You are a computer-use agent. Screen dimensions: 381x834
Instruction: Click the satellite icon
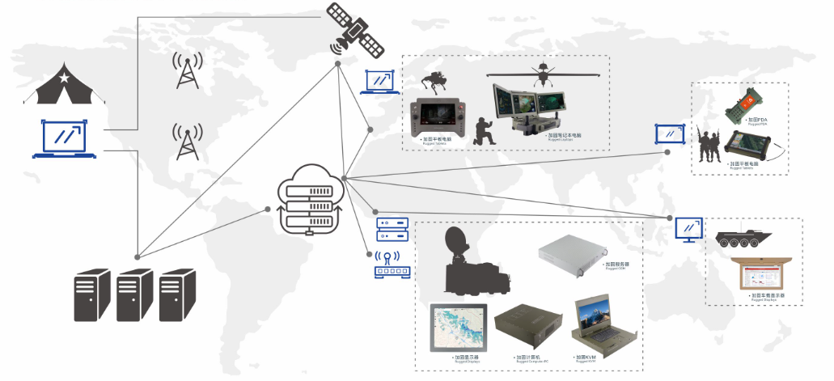point(356,30)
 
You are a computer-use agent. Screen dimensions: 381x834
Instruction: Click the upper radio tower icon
point(187,71)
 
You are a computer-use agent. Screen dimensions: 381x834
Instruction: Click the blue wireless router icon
point(390,267)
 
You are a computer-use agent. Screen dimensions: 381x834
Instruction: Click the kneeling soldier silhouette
point(484,131)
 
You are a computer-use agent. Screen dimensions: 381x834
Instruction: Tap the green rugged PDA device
point(742,104)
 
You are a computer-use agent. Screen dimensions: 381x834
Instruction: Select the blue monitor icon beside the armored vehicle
point(689,230)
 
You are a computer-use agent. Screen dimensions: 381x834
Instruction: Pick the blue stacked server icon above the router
point(390,231)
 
